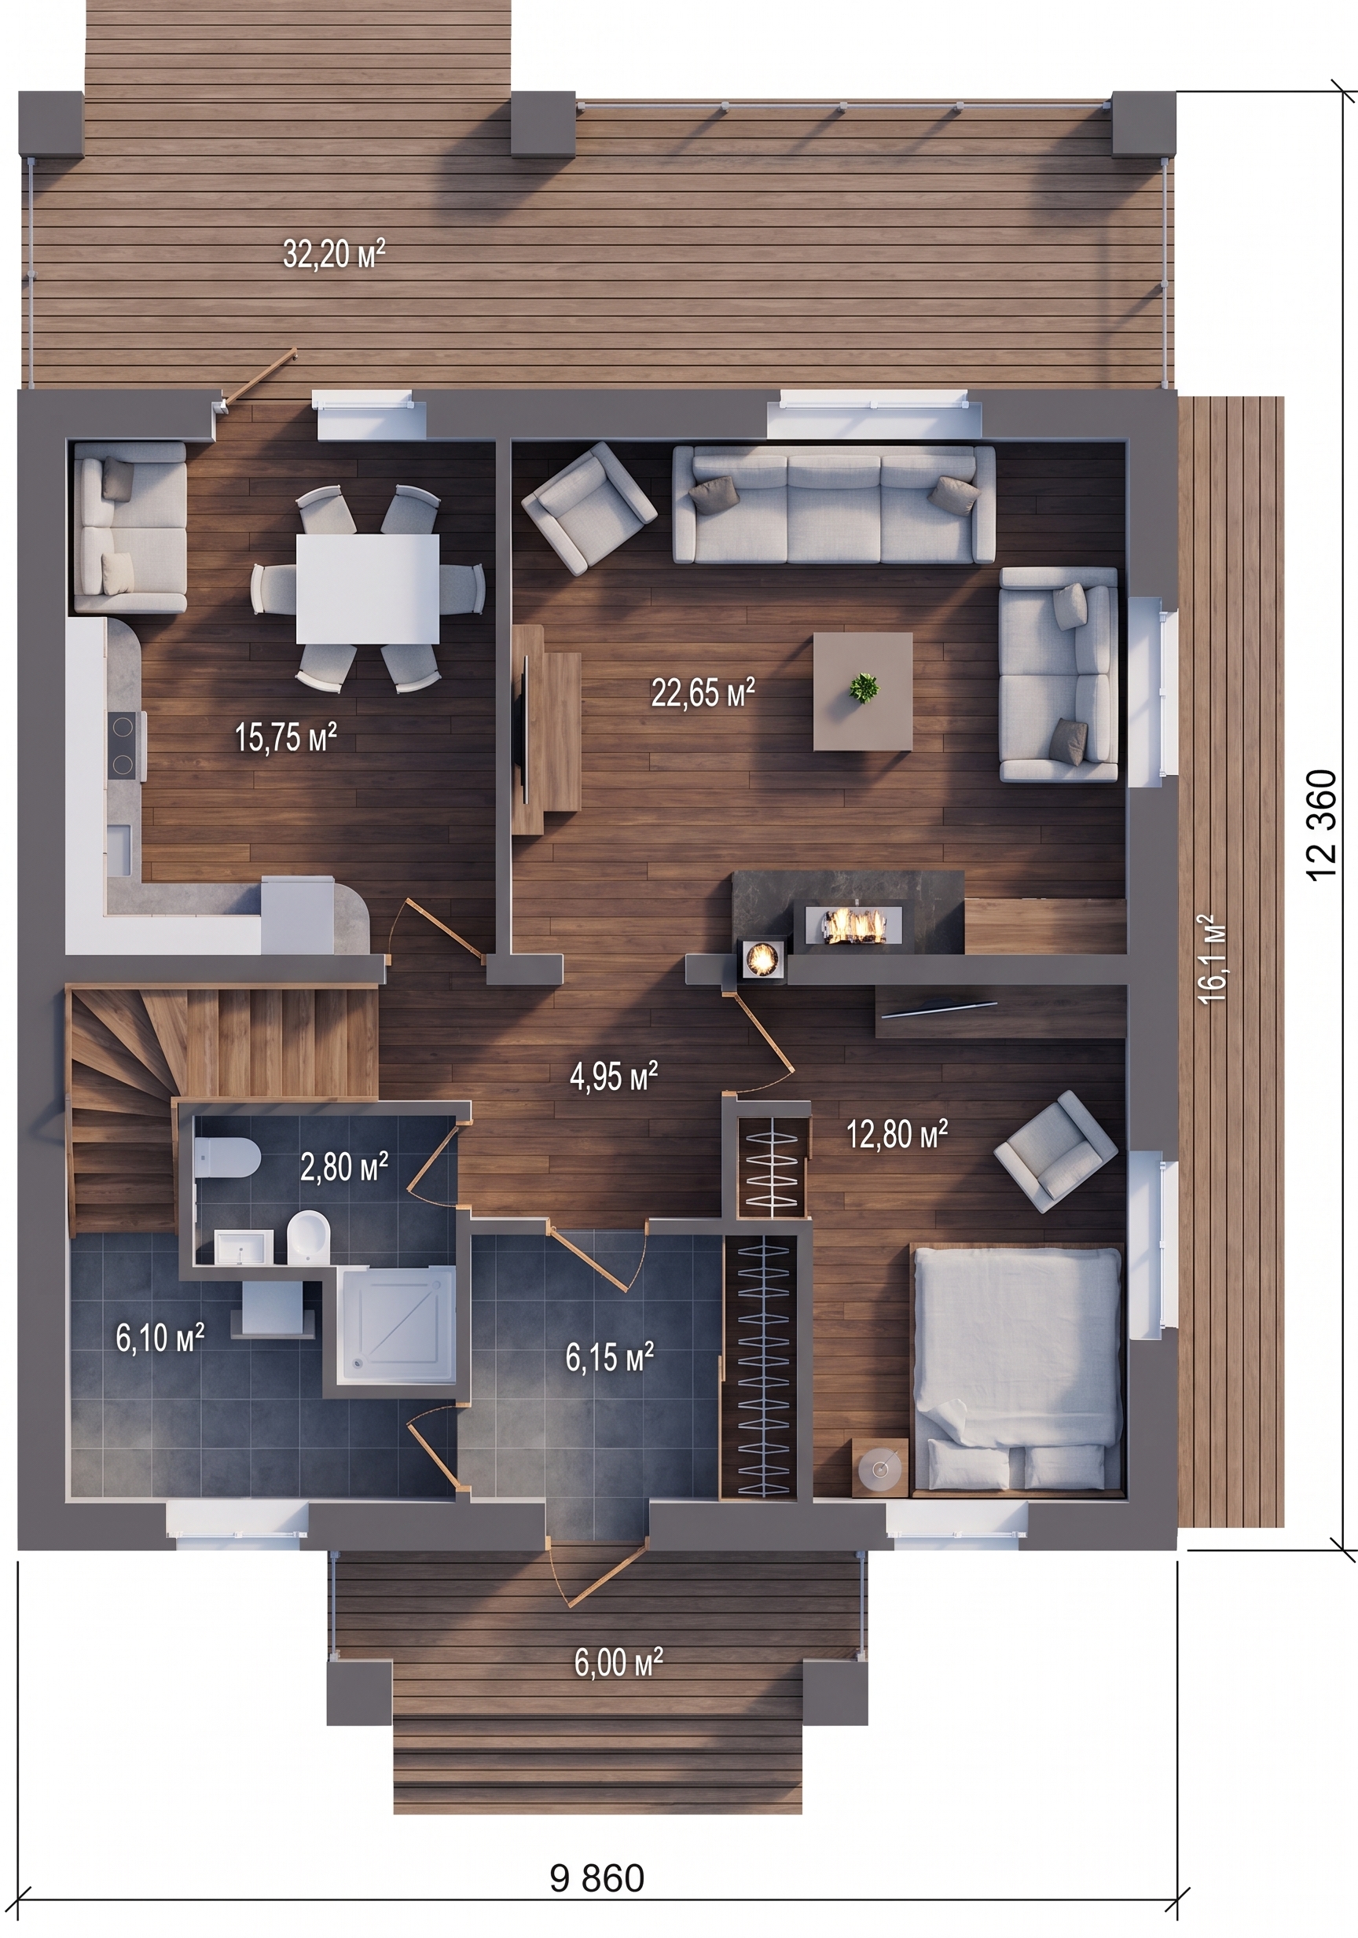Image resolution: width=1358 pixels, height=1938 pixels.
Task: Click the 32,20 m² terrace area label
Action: coord(334,253)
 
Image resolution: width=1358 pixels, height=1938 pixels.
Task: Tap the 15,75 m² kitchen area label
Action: coord(286,737)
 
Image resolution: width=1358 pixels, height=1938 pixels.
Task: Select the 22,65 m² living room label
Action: coord(703,692)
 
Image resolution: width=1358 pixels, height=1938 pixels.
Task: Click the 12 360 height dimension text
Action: coord(1323,824)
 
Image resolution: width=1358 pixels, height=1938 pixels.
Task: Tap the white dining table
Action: coord(367,589)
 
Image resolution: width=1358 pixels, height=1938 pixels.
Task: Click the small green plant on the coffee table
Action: coord(863,687)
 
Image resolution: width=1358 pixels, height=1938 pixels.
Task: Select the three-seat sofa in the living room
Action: coord(834,505)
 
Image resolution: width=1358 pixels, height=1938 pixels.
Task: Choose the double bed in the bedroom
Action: coord(1017,1369)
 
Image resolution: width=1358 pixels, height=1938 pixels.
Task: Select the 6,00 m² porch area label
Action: coord(618,1663)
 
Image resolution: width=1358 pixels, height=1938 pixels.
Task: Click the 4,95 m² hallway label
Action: coord(614,1076)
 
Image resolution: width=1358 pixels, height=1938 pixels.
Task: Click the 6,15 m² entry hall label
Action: coord(609,1357)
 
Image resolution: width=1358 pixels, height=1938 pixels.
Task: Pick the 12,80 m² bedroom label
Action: coord(897,1133)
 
